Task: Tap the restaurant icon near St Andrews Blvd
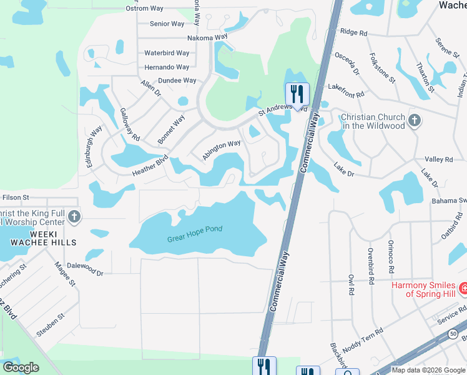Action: [297, 94]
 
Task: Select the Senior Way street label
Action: [167, 24]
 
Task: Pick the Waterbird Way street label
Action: [167, 53]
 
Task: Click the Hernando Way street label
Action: [167, 67]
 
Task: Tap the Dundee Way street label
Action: [177, 81]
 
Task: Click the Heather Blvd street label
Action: [150, 166]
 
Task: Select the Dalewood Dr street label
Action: [85, 269]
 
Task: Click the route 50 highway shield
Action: [452, 334]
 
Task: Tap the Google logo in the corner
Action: [21, 367]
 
